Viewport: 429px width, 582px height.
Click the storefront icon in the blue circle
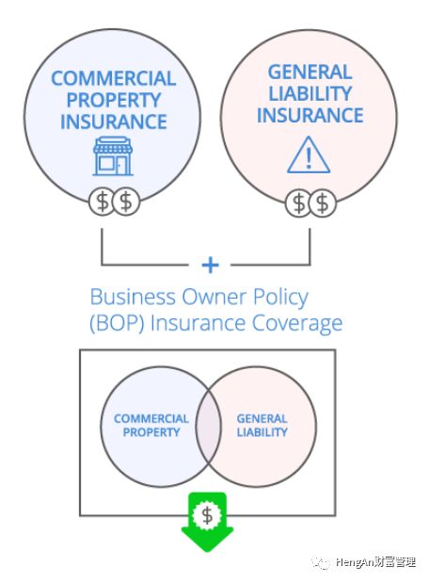(113, 156)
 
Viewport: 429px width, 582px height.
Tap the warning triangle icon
(309, 155)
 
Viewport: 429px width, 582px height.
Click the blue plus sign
(210, 265)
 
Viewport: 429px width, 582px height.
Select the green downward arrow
(207, 522)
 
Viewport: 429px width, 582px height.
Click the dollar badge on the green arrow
(207, 514)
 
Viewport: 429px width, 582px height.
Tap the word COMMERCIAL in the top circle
(114, 78)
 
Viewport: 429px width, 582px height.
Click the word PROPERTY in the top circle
(114, 100)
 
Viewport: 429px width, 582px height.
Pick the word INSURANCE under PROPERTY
(114, 121)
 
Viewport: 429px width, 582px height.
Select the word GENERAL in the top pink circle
(310, 72)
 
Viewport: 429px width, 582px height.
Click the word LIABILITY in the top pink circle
(310, 93)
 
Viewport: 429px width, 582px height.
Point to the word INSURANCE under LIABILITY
(310, 115)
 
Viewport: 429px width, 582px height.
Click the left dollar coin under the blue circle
(102, 202)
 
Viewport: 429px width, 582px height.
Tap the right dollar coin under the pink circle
(323, 202)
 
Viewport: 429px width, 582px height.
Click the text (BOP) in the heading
(117, 323)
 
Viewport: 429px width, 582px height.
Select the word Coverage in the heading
(297, 323)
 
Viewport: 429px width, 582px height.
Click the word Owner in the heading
(214, 297)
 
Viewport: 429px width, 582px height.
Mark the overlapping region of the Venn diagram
(208, 427)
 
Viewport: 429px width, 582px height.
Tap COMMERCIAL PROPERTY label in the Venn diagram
(151, 426)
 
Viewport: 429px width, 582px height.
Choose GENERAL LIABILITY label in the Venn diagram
(262, 426)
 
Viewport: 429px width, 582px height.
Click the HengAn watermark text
(375, 562)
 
